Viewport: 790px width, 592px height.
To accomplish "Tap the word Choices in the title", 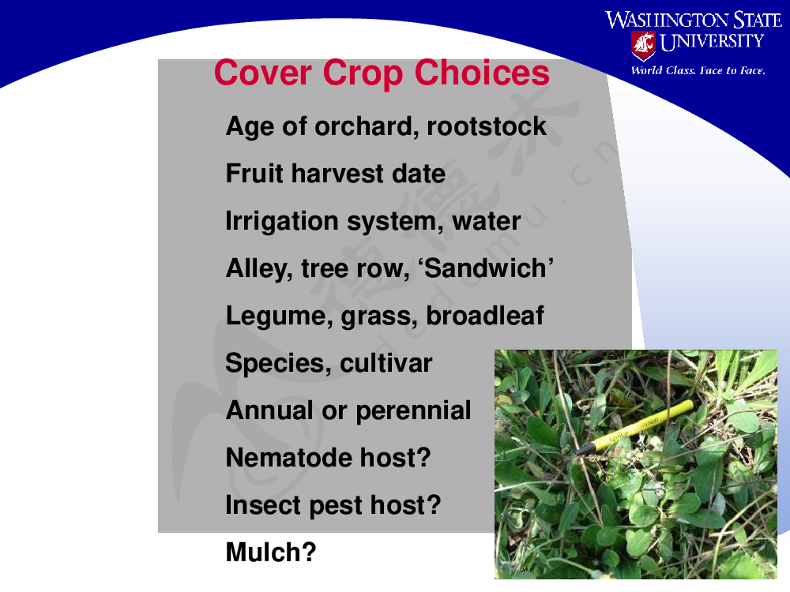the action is (x=482, y=73).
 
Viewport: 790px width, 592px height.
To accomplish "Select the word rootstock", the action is (x=486, y=126).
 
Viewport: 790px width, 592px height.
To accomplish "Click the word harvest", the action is (x=337, y=174).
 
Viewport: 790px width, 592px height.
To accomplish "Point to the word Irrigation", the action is (x=282, y=222).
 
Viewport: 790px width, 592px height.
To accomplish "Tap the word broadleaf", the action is (x=485, y=316).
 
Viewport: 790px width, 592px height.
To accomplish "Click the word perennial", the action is (x=413, y=411).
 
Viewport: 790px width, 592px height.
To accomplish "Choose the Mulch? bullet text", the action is (x=271, y=553).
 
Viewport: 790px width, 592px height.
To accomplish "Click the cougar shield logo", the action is (x=643, y=45).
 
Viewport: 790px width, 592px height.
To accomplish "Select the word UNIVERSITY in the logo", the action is (x=712, y=42).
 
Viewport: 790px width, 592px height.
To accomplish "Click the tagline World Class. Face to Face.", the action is (x=698, y=70).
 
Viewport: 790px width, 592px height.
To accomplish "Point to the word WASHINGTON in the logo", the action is (x=667, y=21).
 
